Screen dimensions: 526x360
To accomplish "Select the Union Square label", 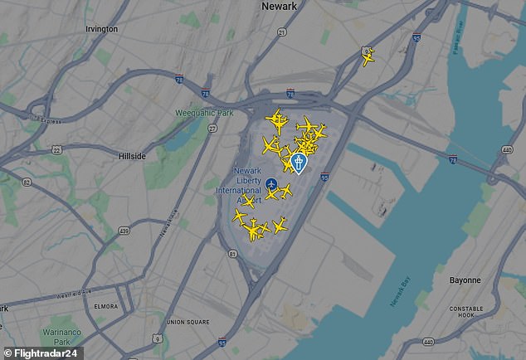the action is [188, 322].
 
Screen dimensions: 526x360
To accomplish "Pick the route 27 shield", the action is [213, 129].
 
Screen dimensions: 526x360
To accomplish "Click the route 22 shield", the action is [56, 149].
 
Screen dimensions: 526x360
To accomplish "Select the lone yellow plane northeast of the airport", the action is [368, 57].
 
